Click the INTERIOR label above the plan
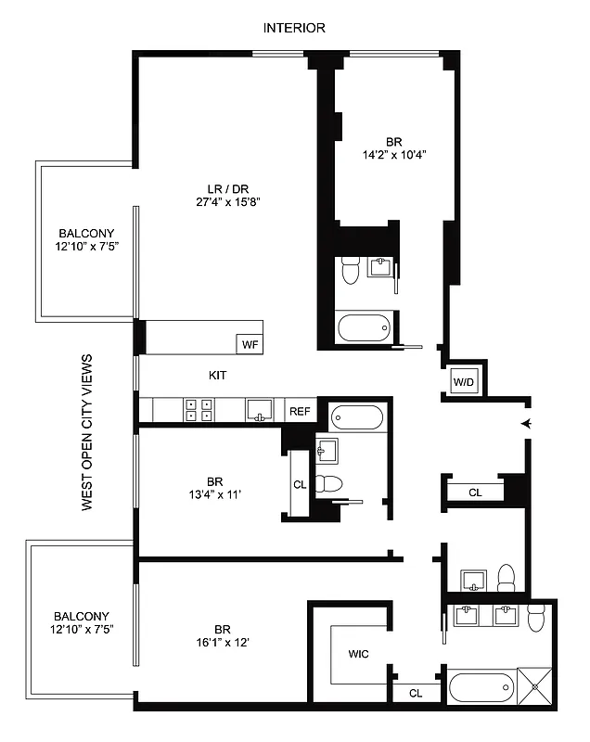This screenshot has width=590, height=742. (294, 28)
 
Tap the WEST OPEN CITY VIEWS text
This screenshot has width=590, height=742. (87, 432)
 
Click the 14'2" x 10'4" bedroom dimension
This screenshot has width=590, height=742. (395, 156)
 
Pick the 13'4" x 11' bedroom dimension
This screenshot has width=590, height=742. (214, 494)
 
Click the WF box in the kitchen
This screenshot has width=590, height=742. (250, 344)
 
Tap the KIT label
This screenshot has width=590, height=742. (217, 377)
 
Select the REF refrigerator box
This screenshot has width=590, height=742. (300, 411)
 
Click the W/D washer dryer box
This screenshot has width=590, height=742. (463, 382)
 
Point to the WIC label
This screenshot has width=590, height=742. (358, 654)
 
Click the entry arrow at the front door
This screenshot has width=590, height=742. (526, 424)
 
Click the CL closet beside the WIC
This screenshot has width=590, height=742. (415, 692)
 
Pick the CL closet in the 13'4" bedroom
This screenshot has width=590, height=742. (300, 484)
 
